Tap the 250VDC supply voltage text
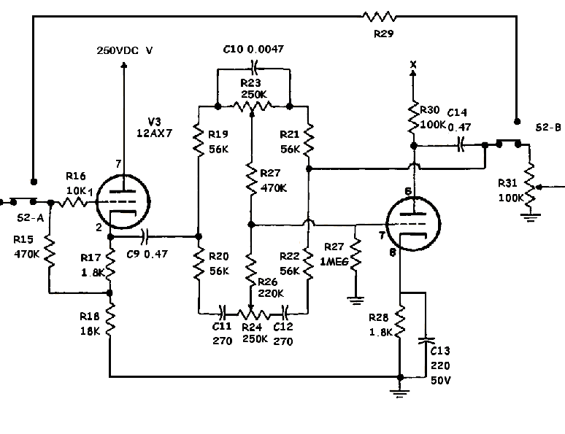coord(126,50)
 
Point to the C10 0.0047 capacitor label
coord(253,49)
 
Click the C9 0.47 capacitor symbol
coord(145,236)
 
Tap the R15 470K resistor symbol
coord(49,251)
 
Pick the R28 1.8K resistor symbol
coord(401,320)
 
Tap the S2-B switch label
coord(547,128)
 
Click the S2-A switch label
coord(30,217)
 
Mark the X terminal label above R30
coord(414,65)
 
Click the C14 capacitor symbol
coord(461,146)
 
